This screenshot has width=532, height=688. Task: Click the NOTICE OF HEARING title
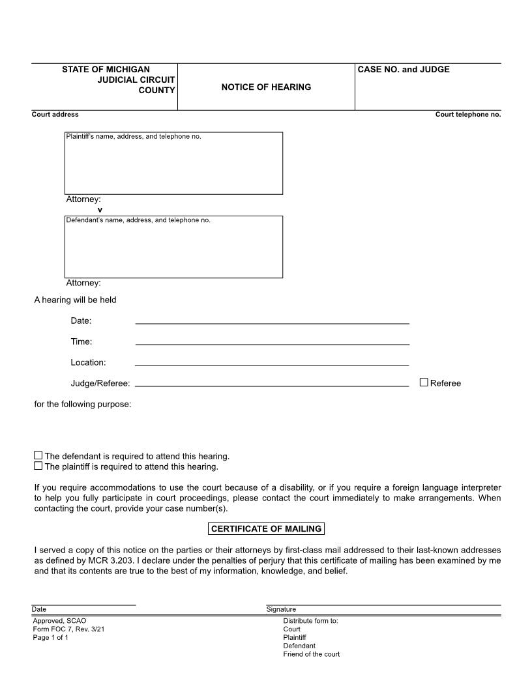pos(266,87)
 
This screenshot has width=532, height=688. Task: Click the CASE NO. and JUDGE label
pos(404,70)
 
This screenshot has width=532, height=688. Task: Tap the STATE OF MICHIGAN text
pos(106,70)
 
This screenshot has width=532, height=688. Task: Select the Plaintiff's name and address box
pos(173,164)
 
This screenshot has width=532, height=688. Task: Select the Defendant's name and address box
pos(173,248)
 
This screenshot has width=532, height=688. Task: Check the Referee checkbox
pos(424,382)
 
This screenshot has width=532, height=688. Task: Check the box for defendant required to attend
pos(38,455)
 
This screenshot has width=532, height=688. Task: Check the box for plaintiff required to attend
pos(38,466)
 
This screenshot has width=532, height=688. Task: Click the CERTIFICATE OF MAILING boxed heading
pos(266,529)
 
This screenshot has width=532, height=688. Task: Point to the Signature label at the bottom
pos(281,609)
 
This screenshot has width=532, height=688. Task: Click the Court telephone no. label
pos(468,115)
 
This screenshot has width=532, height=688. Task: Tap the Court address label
pos(55,115)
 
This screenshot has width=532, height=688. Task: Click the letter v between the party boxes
pos(100,209)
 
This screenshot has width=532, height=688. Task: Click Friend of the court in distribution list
pos(311,654)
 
